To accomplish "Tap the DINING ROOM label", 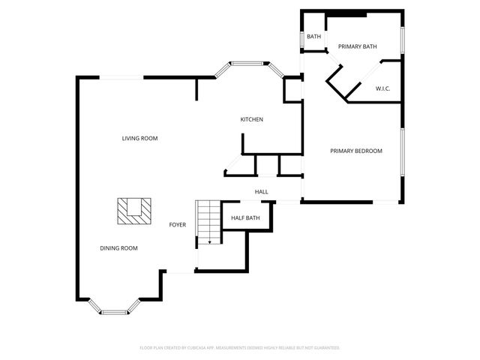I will coord(118,247).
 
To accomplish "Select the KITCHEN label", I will coord(251,119).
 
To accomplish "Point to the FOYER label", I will coord(177,224).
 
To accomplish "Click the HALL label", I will coord(261,192).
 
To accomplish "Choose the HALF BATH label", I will coord(245,217).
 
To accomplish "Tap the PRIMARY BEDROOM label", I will coord(356,151).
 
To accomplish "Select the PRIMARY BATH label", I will coord(357,46).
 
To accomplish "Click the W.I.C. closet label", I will coord(382,88).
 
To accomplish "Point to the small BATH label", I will coord(313,36).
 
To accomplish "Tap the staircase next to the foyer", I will coord(208,221).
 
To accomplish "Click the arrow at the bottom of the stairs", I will coord(210,241).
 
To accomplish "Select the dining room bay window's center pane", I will coord(114,311).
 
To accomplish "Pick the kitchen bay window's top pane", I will coord(249,63).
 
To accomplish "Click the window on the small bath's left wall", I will coord(301,37).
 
